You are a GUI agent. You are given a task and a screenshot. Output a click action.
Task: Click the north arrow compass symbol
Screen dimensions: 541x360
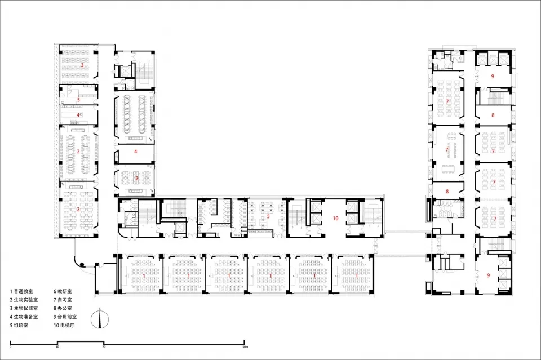coord(100,319)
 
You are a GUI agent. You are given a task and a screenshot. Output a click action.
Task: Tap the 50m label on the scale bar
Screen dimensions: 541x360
coord(245,346)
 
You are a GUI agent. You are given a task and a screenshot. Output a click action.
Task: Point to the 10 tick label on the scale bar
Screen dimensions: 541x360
coord(57,346)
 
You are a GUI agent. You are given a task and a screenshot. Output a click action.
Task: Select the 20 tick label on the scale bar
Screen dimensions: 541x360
coord(104,346)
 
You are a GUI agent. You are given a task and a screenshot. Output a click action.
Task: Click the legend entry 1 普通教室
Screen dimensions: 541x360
coord(21,292)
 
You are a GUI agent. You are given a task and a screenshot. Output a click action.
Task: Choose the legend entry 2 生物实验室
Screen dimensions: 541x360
coord(24,300)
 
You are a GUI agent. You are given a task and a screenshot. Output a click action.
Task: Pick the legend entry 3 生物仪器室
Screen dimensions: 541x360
coord(24,308)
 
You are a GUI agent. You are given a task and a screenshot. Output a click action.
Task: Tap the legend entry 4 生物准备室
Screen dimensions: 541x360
coord(24,317)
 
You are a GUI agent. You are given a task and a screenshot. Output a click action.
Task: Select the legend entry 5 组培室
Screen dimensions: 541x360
coord(19,325)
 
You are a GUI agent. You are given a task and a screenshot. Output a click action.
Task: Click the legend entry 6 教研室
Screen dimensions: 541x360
coord(63,292)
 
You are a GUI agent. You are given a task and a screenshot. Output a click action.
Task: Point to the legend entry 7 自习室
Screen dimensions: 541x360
coord(63,300)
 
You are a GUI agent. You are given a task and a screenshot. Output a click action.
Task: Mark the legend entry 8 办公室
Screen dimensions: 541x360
coord(63,308)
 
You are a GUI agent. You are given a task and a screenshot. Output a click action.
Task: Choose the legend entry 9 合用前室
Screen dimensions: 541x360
coord(65,317)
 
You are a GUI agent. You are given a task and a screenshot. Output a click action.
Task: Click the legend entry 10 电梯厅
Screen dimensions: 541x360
coord(64,325)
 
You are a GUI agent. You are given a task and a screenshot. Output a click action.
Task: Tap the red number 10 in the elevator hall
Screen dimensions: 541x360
coord(335,218)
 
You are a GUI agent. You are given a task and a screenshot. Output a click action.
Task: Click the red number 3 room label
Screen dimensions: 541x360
coord(82,65)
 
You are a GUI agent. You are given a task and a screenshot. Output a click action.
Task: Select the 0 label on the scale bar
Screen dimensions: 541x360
coord(11,346)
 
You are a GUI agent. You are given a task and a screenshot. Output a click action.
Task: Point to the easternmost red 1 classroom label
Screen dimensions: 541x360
coord(357,275)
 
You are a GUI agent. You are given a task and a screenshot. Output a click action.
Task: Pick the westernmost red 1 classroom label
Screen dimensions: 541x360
coord(144,275)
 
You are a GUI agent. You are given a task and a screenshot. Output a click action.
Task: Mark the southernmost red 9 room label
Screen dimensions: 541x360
coord(488,275)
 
